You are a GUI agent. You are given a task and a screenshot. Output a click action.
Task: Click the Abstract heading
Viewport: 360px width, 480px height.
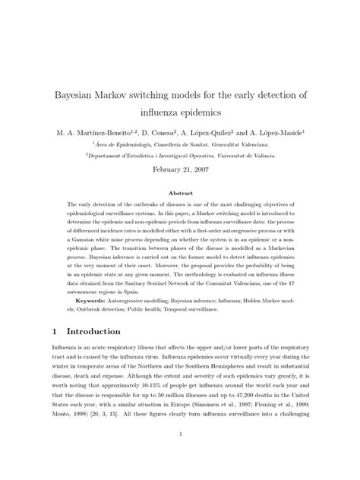(180, 194)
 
